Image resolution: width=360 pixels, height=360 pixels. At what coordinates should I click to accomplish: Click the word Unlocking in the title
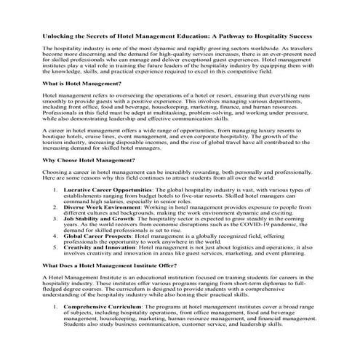(60, 35)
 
